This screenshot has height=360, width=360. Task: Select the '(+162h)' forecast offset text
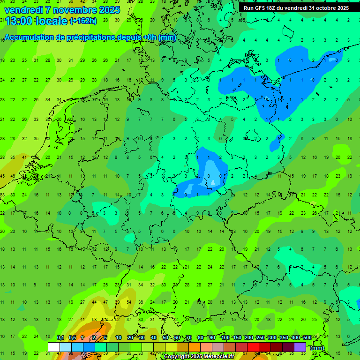[83, 21]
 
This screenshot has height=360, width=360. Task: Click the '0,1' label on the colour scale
[60, 337]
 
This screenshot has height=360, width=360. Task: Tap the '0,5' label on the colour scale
[72, 337]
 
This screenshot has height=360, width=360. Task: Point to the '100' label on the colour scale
[225, 337]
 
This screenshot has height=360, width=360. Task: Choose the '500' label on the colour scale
[307, 337]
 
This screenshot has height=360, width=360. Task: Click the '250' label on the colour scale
[260, 337]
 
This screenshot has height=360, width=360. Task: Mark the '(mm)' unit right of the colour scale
[317, 348]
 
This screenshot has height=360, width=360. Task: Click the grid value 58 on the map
[94, 320]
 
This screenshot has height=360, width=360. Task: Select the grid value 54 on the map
[128, 302]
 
